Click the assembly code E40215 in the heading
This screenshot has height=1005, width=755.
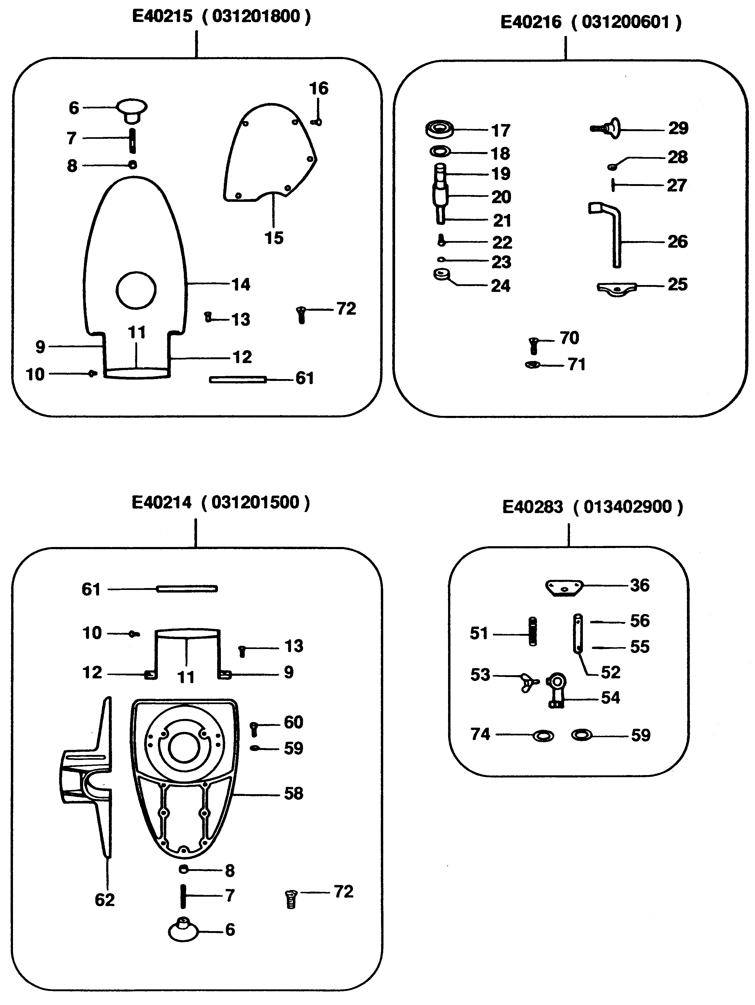[x=162, y=16]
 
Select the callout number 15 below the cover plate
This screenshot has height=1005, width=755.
[x=274, y=238]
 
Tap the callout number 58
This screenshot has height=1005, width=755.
[x=293, y=794]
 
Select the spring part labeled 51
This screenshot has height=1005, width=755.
[x=533, y=631]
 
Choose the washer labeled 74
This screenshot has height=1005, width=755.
[x=543, y=736]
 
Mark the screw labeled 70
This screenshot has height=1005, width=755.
[x=534, y=346]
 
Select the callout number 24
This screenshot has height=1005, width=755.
[x=500, y=286]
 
